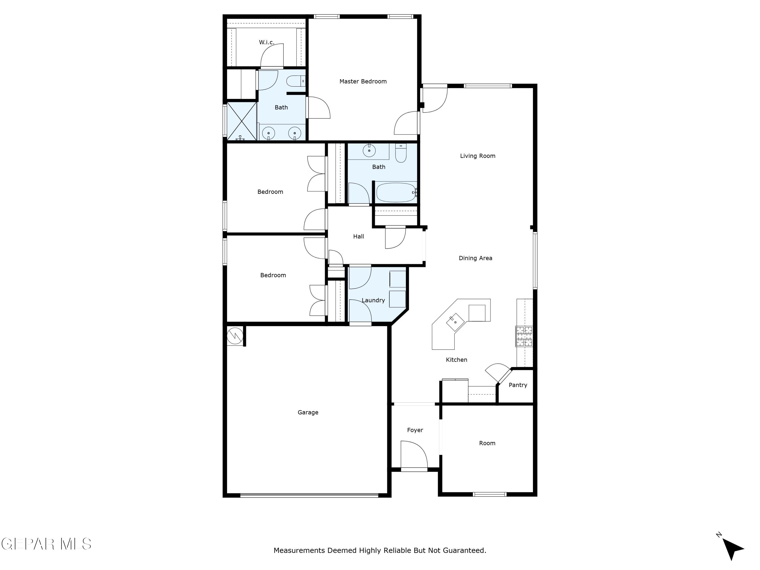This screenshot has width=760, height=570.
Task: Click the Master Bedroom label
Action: pyautogui.click(x=363, y=81)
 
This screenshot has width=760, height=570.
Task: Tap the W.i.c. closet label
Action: pyautogui.click(x=266, y=42)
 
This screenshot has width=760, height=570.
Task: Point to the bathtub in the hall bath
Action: pyautogui.click(x=396, y=192)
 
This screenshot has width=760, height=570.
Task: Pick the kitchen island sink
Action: pyautogui.click(x=455, y=322)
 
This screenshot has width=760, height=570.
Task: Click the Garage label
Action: pyautogui.click(x=308, y=412)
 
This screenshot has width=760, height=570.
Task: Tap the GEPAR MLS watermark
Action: pyautogui.click(x=46, y=544)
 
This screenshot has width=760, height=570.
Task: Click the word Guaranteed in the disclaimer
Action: pyautogui.click(x=464, y=550)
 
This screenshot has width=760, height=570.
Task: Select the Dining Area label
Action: pyautogui.click(x=475, y=258)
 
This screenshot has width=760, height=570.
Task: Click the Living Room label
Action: pyautogui.click(x=478, y=156)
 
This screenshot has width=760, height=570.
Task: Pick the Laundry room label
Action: pyautogui.click(x=373, y=300)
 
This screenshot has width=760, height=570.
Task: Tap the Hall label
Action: pyautogui.click(x=358, y=236)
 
